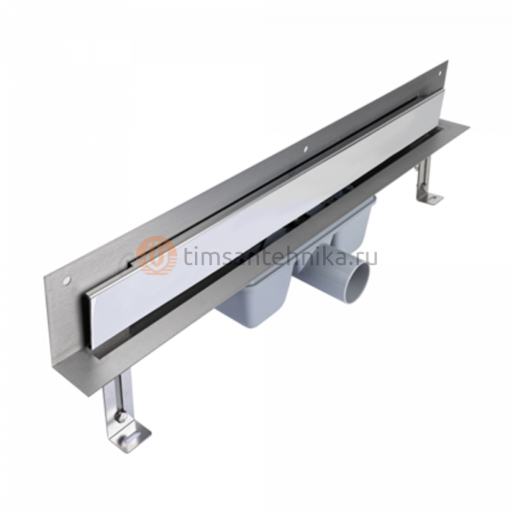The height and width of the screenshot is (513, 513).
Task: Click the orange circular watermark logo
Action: tap(156, 256)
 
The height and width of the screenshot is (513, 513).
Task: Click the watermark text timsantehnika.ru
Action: tap(280, 256)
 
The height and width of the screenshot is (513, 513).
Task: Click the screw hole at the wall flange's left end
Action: tap(67, 280)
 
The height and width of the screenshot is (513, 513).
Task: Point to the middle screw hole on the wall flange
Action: tap(305, 148)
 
